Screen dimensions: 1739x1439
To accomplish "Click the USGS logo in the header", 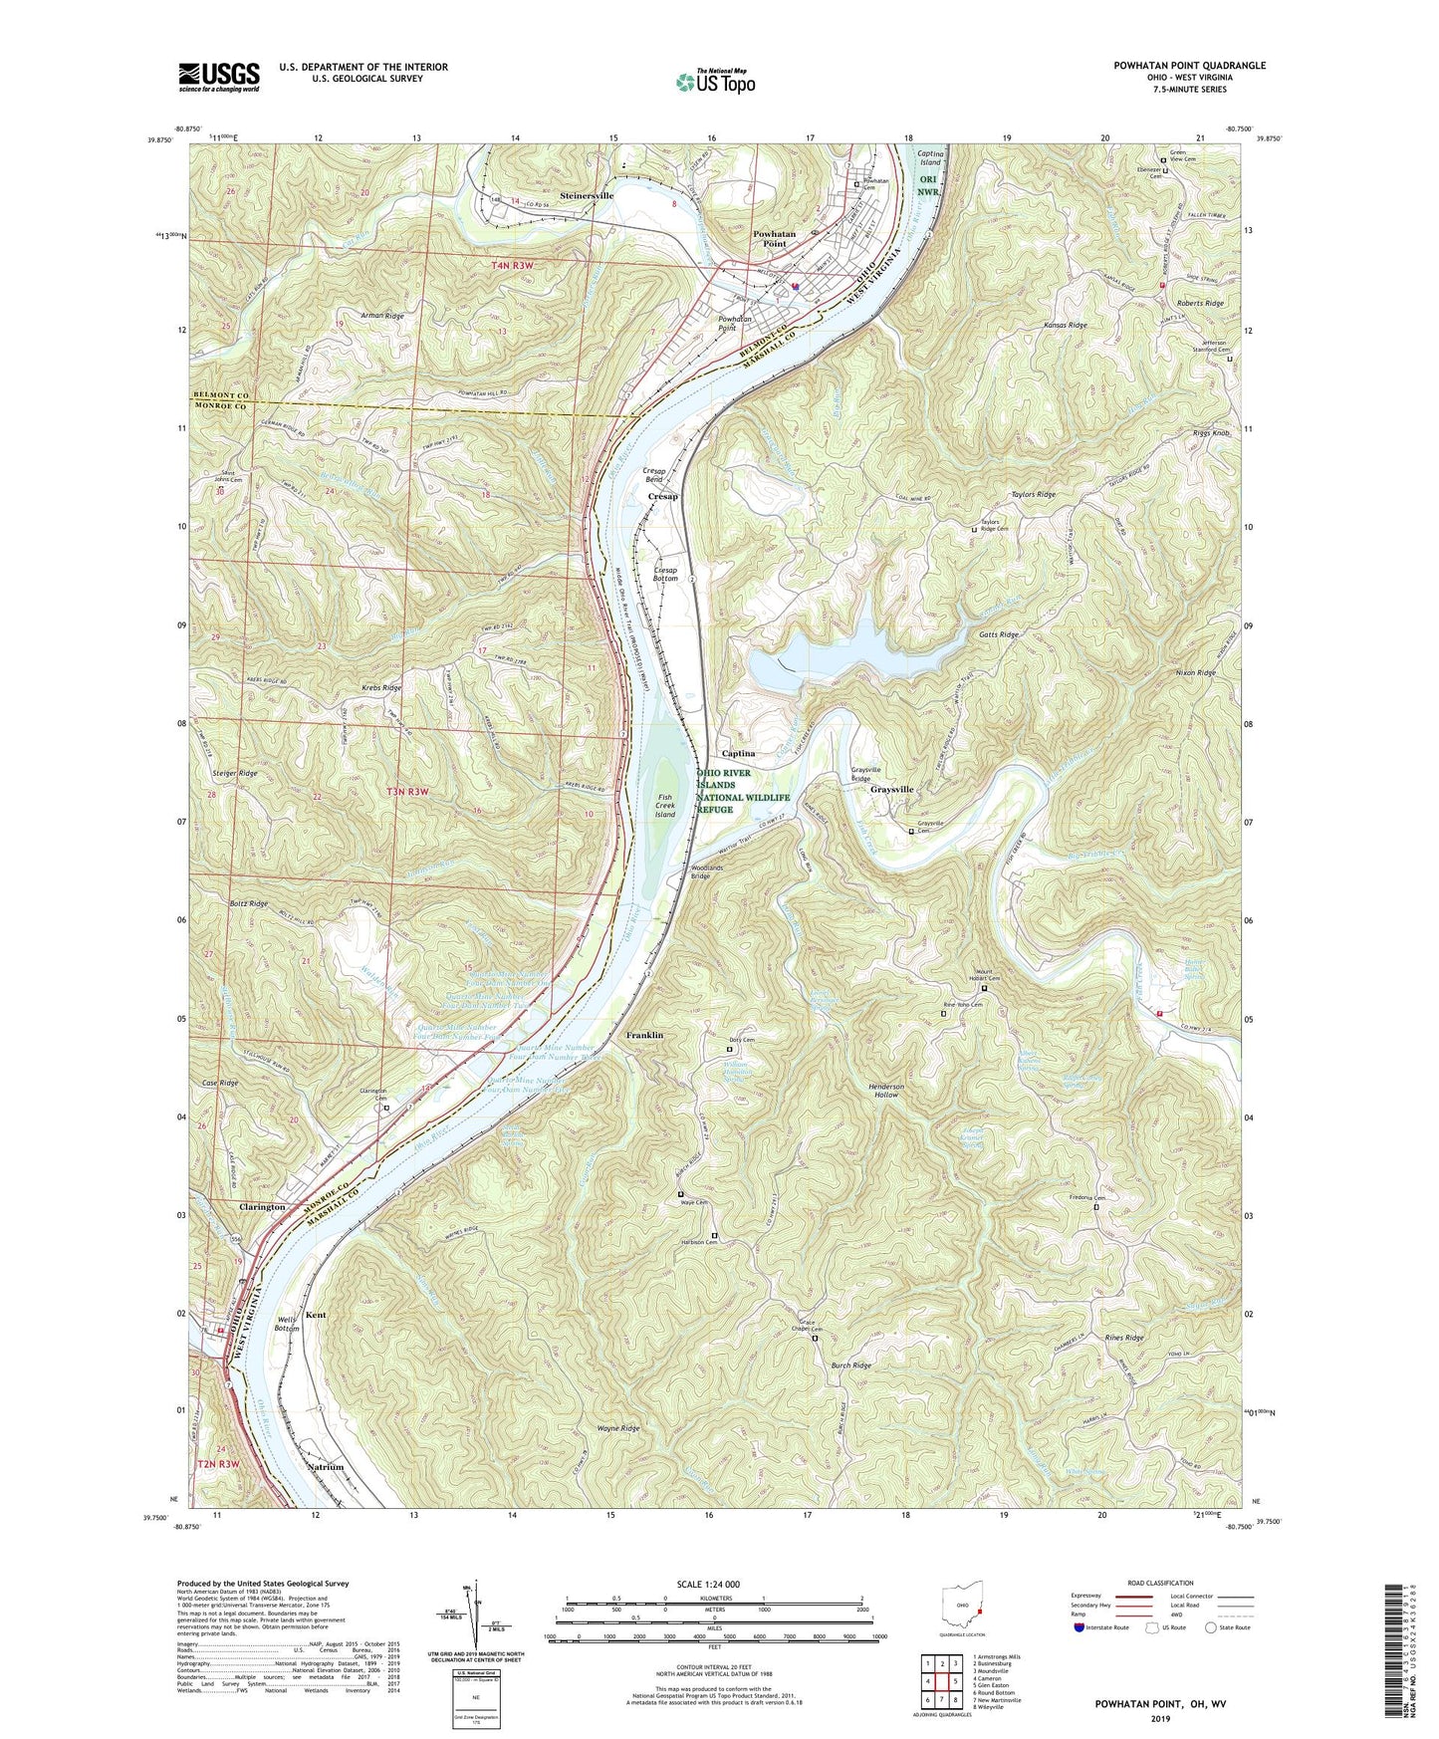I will [218, 76].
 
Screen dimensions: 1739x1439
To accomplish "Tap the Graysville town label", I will [891, 789].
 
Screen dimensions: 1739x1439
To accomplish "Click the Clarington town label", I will [262, 1206].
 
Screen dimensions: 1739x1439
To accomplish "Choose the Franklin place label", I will [644, 1036].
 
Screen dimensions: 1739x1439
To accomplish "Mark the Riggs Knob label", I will [1212, 433].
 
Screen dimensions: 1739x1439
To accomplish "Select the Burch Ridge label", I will [851, 1366].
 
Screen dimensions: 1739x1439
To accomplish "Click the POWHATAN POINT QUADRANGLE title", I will [1189, 66].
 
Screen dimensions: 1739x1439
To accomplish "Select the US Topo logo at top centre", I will [714, 80].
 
